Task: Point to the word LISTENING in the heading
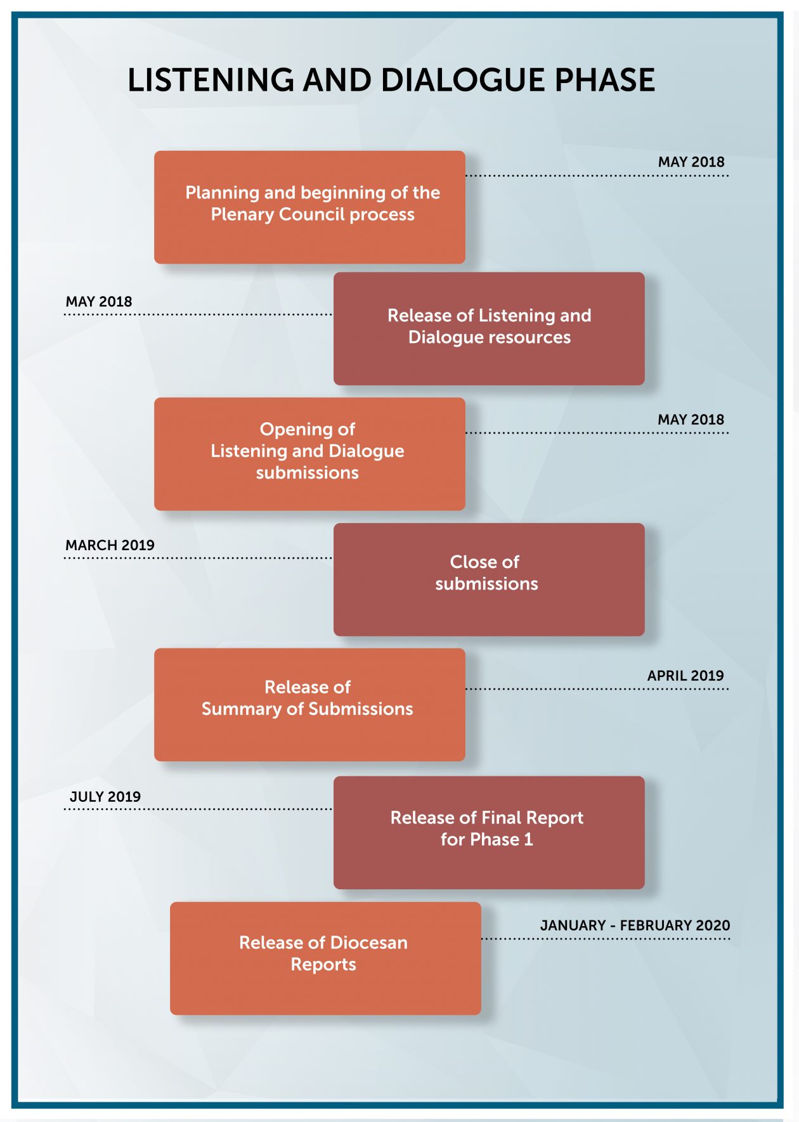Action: (211, 81)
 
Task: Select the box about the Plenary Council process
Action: (309, 207)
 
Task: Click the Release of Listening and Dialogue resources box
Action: (489, 329)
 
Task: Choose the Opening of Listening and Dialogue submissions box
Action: (309, 454)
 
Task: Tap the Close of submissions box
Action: (489, 579)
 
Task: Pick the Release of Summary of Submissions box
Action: (309, 704)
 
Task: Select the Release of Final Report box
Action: (489, 832)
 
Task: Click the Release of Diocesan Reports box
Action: (325, 958)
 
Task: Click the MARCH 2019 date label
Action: (110, 545)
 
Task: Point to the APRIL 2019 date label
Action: (685, 676)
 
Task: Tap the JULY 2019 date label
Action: (105, 797)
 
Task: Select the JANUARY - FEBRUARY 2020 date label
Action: (635, 925)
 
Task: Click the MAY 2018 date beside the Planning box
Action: (691, 162)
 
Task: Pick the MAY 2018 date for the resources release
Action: (99, 302)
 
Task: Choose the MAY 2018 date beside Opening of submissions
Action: (691, 420)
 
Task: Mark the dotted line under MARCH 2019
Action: (198, 558)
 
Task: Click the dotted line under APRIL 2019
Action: (597, 689)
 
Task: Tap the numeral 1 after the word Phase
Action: (528, 840)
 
